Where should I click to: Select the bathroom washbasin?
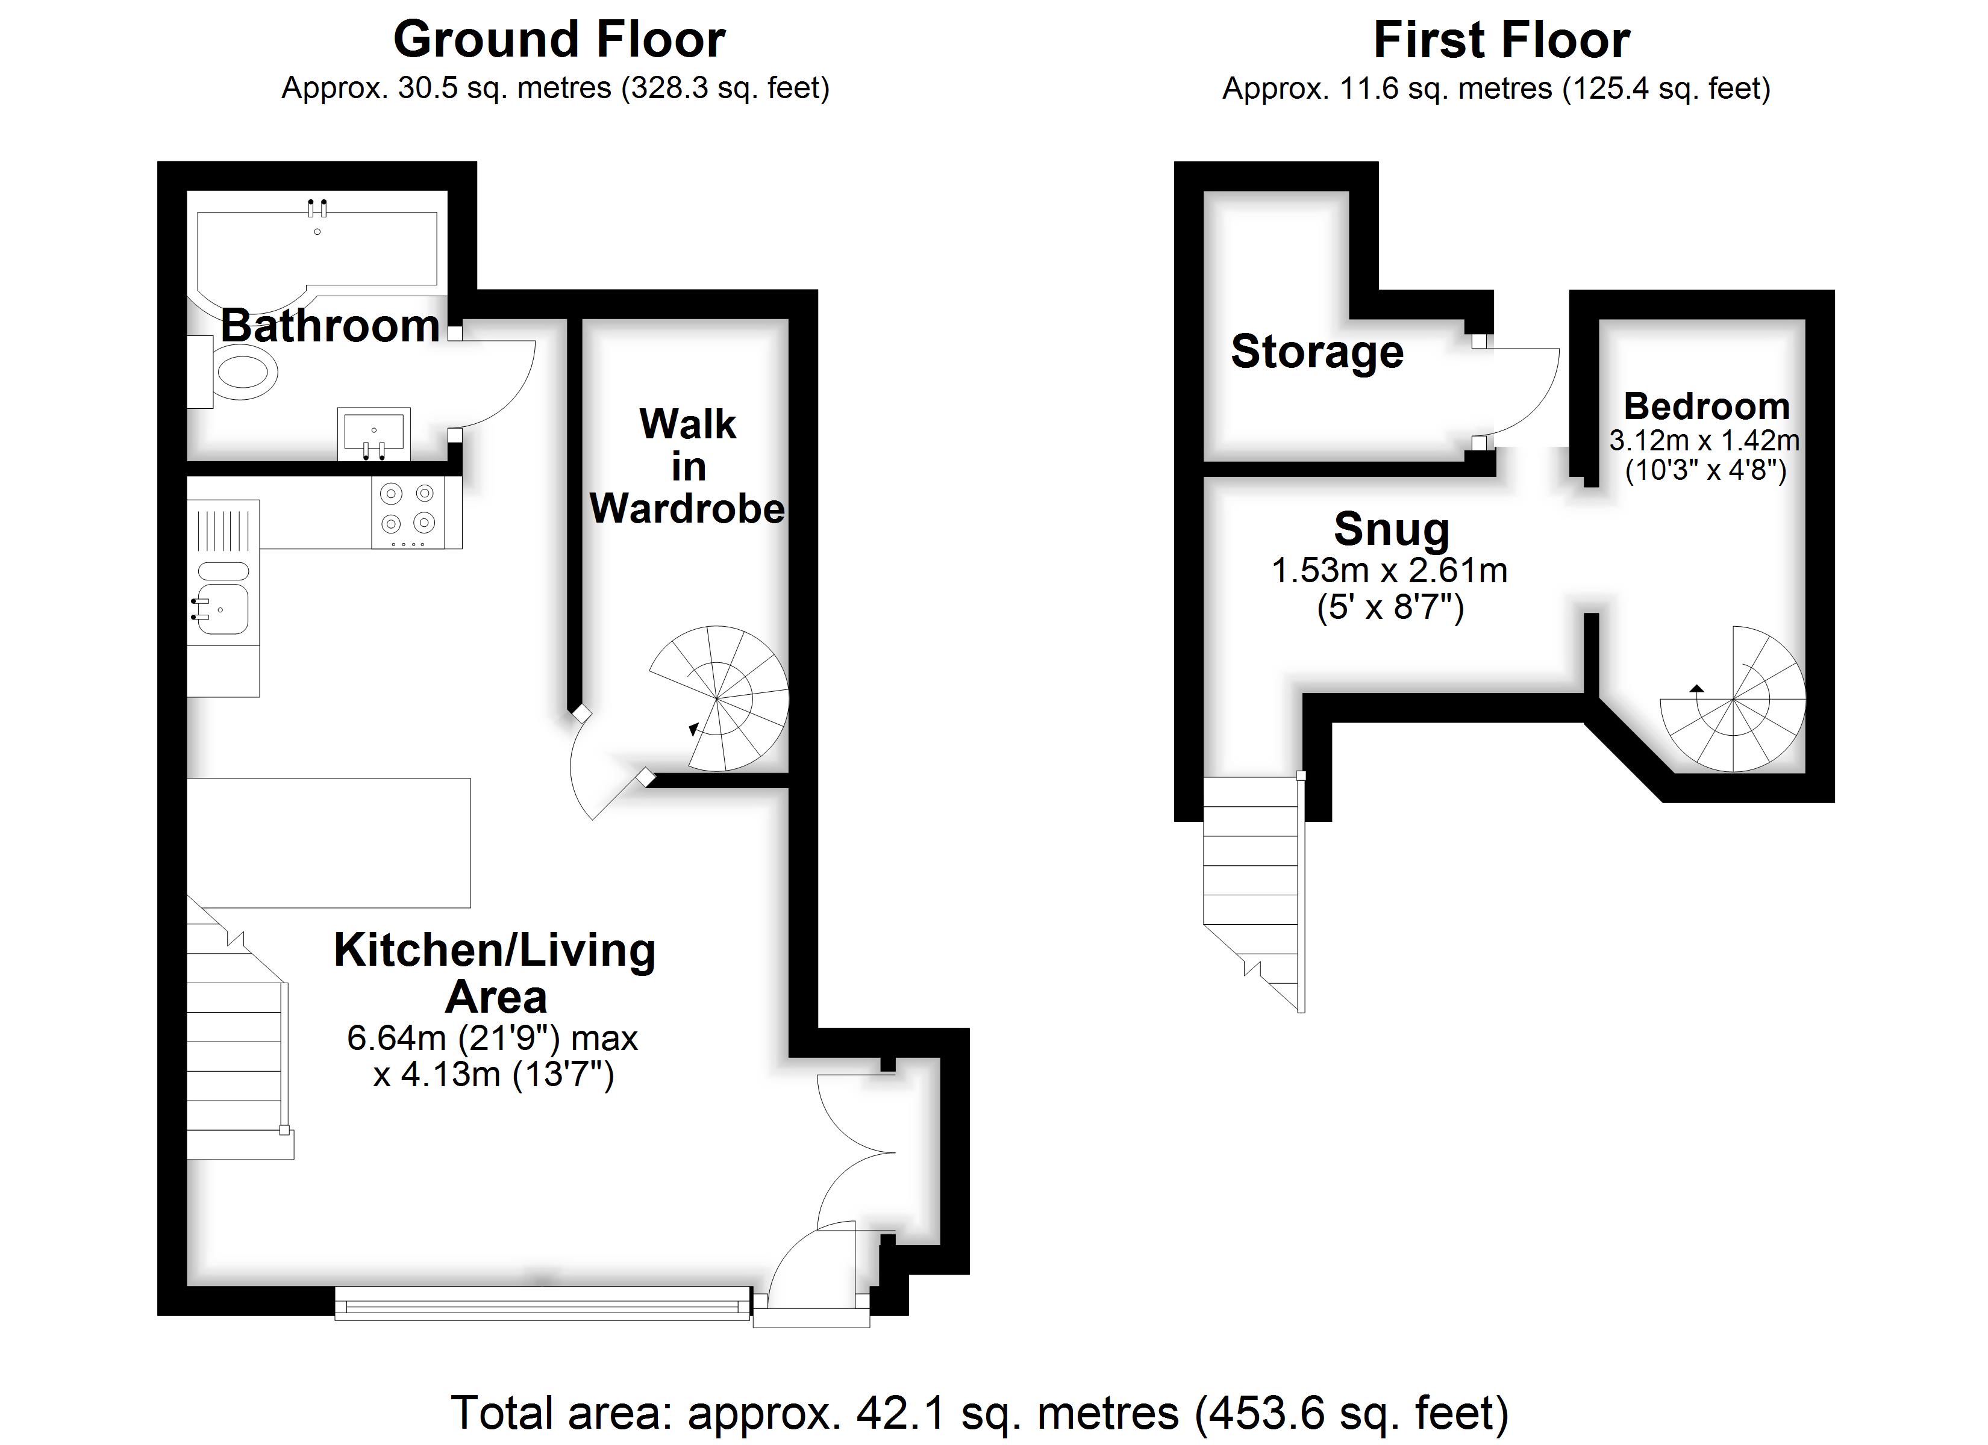tap(374, 433)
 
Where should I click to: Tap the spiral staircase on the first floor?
tap(1734, 698)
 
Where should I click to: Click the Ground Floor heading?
tap(559, 39)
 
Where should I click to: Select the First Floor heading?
tap(1501, 39)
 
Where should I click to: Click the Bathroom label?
tap(330, 325)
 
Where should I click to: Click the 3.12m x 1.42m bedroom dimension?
tap(1705, 440)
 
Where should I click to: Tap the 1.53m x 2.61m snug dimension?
tap(1389, 570)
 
